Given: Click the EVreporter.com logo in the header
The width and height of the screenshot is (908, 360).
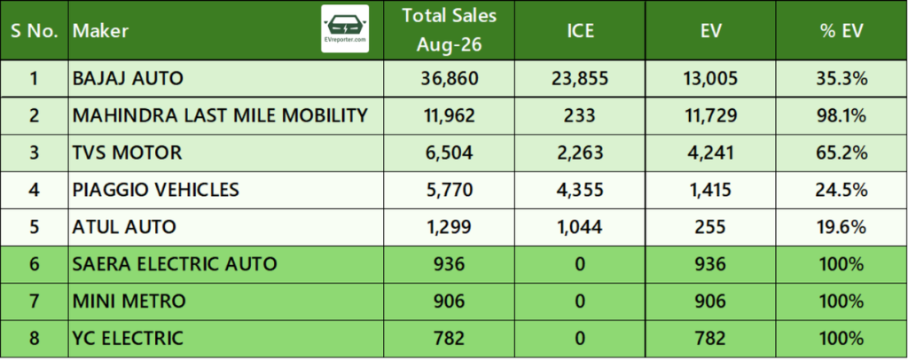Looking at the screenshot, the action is tap(345, 29).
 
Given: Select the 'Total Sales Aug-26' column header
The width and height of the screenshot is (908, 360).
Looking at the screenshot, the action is tap(450, 30).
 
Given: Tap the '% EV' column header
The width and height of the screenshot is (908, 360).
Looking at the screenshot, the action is tap(841, 31).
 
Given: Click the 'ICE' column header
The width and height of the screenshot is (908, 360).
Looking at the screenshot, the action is tap(580, 31).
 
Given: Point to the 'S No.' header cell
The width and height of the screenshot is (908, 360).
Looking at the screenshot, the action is tap(35, 31).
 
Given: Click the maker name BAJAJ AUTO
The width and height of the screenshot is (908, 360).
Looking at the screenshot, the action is tap(128, 78).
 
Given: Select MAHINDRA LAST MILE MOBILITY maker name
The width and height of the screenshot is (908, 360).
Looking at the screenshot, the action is tap(220, 115).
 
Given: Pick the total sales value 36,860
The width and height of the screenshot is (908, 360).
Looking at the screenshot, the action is tap(450, 78).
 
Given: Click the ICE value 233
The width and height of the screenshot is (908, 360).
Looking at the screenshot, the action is tap(580, 115).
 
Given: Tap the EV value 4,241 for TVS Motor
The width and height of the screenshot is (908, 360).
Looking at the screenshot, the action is tap(710, 153).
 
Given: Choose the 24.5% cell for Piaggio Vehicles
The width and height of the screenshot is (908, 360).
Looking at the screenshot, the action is tap(841, 189).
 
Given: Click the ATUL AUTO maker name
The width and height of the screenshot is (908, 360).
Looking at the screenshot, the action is tap(124, 226).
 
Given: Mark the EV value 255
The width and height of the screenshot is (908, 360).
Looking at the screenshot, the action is tap(710, 226).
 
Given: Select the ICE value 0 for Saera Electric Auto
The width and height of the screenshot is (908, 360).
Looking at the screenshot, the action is tap(580, 264).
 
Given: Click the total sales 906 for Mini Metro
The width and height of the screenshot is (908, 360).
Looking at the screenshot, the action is tap(450, 301).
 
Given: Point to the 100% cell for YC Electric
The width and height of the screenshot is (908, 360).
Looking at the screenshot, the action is tap(841, 338).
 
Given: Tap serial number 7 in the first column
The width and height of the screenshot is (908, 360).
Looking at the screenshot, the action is tap(35, 301).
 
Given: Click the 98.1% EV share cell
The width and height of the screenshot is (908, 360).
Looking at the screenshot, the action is tap(841, 115).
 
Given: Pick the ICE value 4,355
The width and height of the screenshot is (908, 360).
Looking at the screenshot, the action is tap(580, 189).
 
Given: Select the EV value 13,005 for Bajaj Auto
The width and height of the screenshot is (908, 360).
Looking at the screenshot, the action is tap(710, 78).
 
